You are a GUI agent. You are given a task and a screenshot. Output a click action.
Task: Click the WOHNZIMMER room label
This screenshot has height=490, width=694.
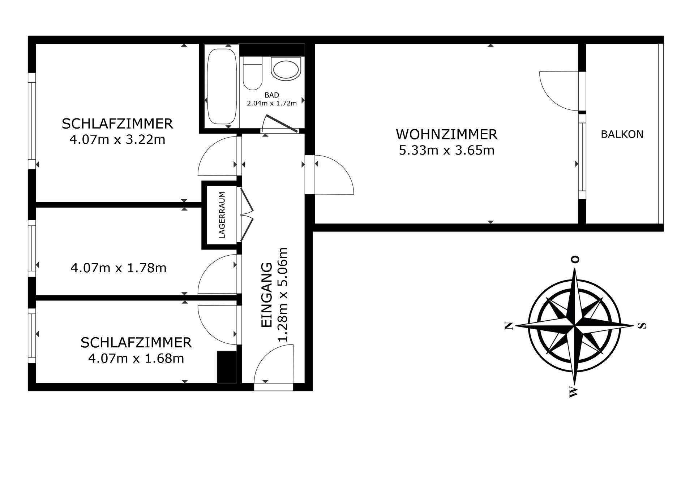447,134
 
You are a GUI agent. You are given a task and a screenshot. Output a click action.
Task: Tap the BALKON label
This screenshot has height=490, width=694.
622,134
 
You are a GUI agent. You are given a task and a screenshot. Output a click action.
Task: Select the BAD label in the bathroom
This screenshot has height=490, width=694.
272,95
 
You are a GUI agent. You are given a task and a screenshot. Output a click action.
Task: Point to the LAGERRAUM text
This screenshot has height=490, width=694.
222,215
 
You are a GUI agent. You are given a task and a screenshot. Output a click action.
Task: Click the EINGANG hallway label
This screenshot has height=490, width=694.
267,295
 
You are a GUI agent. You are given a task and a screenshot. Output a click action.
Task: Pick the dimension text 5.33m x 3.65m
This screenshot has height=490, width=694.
447,150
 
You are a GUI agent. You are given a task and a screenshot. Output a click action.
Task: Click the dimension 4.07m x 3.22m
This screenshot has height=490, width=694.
117,139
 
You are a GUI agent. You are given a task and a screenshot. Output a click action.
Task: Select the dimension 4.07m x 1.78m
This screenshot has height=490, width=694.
119,268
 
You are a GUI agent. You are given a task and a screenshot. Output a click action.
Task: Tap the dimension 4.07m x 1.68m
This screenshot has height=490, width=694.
136,359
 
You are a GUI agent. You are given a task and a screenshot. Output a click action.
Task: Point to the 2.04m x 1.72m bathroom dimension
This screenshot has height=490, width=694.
272,103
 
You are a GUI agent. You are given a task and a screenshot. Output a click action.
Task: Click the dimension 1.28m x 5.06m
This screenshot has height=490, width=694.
282,295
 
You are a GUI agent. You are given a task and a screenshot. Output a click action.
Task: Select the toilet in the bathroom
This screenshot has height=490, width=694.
253,73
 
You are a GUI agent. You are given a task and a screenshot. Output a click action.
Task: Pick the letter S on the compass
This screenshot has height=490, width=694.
642,326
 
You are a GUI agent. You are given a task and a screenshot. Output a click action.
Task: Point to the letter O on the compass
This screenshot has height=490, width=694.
575,259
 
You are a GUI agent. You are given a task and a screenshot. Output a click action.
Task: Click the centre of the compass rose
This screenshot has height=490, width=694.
575,326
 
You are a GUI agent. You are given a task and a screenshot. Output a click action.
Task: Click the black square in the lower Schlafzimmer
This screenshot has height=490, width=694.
227,367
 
